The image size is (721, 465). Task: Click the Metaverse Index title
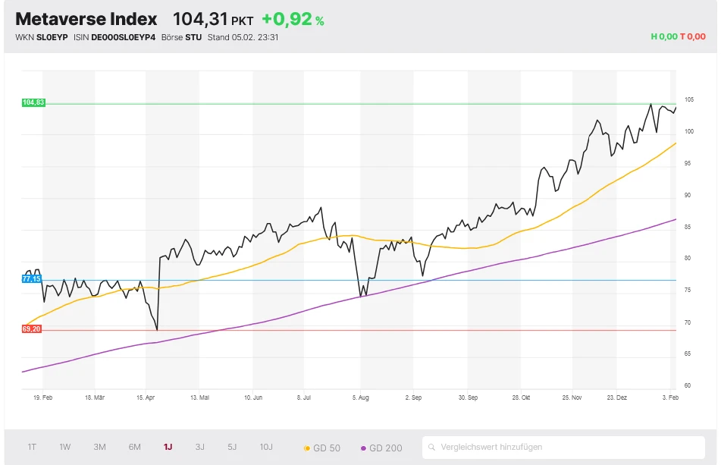(86, 19)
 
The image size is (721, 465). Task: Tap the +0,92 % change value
(293, 20)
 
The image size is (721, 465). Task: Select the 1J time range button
(168, 447)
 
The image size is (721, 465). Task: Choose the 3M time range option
(99, 447)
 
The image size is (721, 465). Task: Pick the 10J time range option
(266, 447)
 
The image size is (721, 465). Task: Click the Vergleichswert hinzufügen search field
(565, 447)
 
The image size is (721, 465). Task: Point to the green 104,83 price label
(33, 102)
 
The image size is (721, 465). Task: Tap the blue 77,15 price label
(32, 279)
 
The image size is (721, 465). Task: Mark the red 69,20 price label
(32, 329)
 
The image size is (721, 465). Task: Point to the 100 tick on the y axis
(689, 131)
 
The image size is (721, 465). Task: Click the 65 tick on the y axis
(688, 353)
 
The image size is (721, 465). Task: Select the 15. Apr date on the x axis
(146, 397)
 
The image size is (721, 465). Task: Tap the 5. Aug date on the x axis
(361, 397)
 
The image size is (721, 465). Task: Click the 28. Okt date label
(522, 397)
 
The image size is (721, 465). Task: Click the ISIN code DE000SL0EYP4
(123, 36)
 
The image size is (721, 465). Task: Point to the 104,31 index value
(201, 20)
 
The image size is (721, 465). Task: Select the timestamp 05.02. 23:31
(255, 36)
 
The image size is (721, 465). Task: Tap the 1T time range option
(32, 447)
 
